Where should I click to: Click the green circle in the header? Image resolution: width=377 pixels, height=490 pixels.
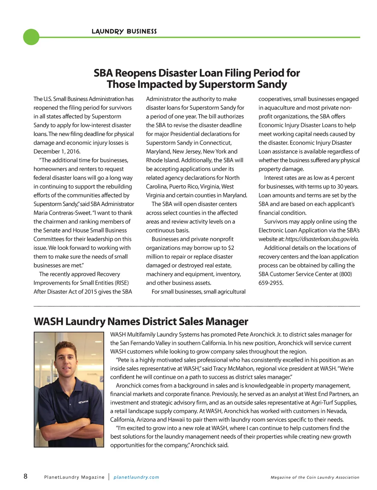31,37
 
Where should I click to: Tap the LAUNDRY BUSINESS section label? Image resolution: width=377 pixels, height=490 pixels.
124,32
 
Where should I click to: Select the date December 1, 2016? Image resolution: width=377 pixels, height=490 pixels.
57,151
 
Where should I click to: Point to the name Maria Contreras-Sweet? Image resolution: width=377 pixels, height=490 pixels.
62,213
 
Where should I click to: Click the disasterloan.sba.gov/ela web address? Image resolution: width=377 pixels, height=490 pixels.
322,239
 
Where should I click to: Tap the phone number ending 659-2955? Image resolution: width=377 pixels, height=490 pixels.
271,283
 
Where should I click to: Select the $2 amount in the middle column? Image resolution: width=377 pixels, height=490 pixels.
231,248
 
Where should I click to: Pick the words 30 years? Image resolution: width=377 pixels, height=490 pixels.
347,187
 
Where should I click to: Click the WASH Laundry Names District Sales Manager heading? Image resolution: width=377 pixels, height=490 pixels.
141,322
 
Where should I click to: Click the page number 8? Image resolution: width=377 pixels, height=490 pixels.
25,476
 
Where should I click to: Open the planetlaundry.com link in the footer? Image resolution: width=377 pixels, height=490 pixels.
136,477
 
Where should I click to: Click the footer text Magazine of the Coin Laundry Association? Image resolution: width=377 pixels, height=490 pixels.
315,477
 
